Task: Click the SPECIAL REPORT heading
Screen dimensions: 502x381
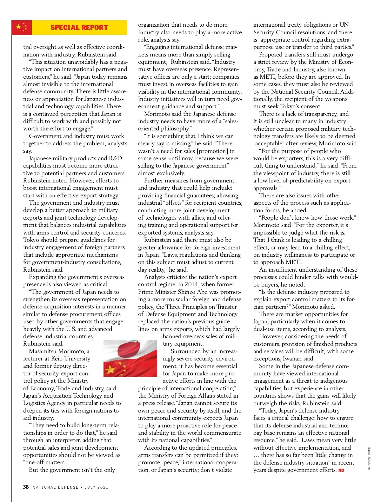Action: click(79, 28)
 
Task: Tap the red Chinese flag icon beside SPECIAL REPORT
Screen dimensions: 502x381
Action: click(22, 28)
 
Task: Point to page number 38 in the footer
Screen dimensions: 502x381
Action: click(26, 487)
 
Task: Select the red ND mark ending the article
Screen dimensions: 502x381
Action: click(341, 470)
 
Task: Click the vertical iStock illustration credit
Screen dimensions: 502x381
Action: click(369, 459)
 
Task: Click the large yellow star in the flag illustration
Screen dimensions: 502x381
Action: click(110, 369)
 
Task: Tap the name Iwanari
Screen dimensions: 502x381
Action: click(304, 359)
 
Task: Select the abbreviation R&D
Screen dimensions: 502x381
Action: click(115, 158)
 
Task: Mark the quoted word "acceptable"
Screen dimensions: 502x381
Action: click(268, 143)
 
